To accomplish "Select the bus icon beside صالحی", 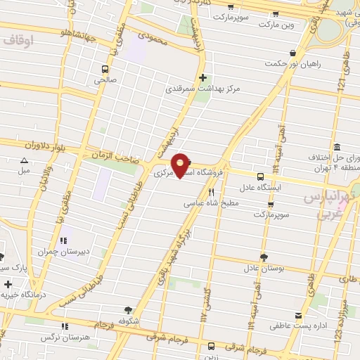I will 105,69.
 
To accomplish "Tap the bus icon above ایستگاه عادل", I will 260,176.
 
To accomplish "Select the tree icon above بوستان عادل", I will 264,257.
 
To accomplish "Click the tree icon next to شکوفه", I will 127,309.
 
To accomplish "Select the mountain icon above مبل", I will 24,160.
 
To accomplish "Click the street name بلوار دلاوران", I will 27,145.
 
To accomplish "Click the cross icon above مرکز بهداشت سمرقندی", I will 202,78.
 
